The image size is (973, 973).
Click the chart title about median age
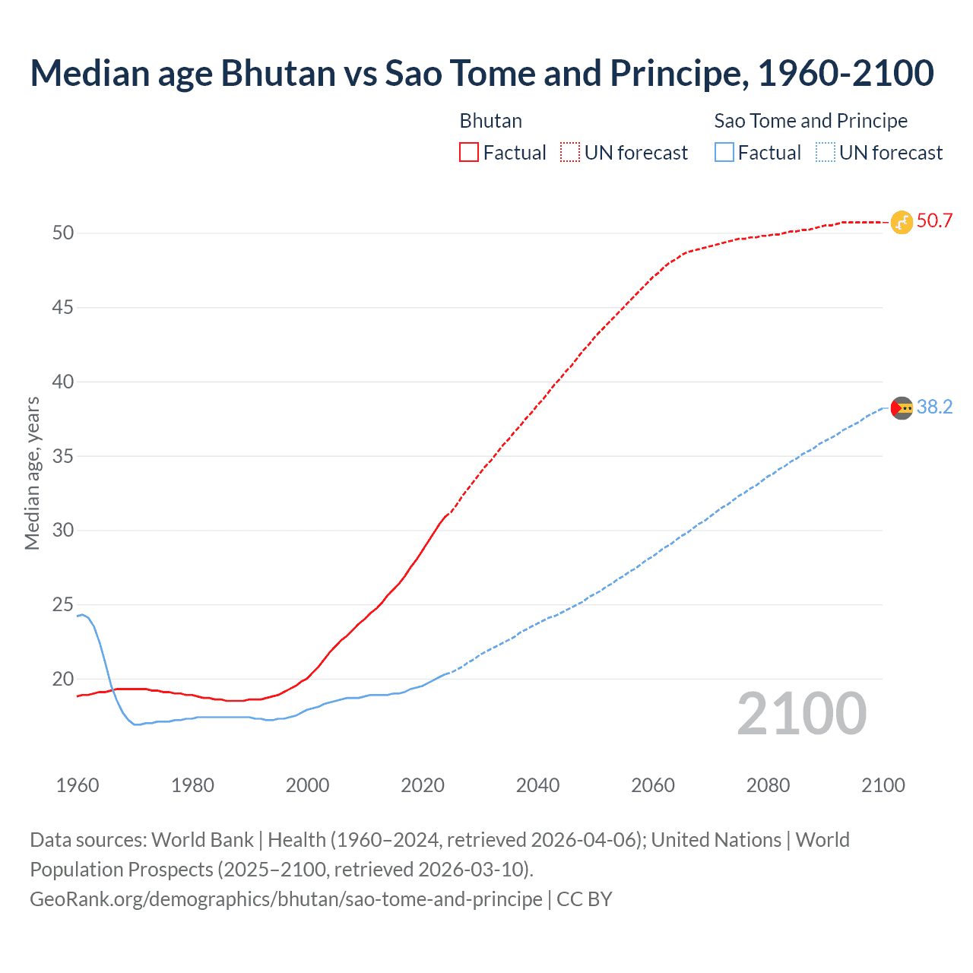pos(482,74)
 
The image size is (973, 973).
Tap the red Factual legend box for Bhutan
pos(469,153)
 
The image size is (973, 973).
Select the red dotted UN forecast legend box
pos(570,153)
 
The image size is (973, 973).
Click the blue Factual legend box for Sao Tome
pos(724,153)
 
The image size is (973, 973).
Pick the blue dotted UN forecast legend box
pos(825,153)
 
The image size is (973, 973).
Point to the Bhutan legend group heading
pos(491,121)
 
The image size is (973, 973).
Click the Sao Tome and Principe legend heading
pos(810,121)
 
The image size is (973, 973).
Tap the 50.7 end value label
pos(934,221)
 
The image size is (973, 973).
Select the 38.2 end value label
pos(934,407)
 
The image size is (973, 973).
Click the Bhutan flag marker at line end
pos(902,222)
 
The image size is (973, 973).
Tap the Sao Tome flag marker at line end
pos(902,408)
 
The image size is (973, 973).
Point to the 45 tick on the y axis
pos(63,308)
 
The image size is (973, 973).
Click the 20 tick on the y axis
pos(63,679)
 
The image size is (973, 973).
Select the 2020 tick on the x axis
pos(423,785)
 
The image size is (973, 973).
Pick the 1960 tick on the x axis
pos(78,785)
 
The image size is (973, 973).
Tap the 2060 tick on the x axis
pos(653,785)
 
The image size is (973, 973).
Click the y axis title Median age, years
pos(32,473)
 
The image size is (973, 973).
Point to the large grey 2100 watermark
pos(801,714)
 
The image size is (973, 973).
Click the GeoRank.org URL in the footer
pos(286,899)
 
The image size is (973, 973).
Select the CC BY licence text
pos(585,899)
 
